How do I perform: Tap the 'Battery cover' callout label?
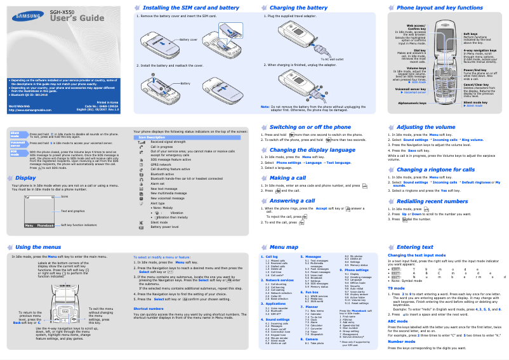(x=188, y=39)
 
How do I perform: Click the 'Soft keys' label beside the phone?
(x=470, y=34)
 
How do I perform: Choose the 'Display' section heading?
(x=26, y=178)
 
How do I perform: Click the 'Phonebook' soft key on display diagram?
(x=46, y=225)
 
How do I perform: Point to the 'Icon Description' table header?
(x=151, y=137)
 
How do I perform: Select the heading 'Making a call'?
(x=288, y=178)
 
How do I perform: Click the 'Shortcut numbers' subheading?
(x=149, y=308)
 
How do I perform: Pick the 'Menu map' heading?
(x=284, y=246)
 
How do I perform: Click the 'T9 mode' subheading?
(x=396, y=288)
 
